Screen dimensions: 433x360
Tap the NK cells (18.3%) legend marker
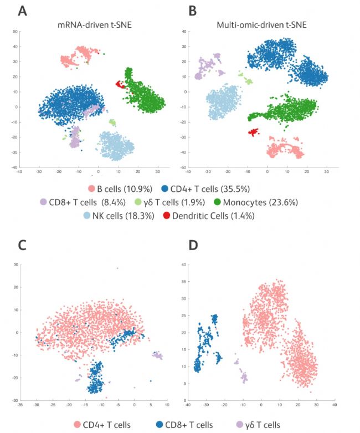coord(88,216)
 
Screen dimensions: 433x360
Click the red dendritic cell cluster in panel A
coord(119,84)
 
